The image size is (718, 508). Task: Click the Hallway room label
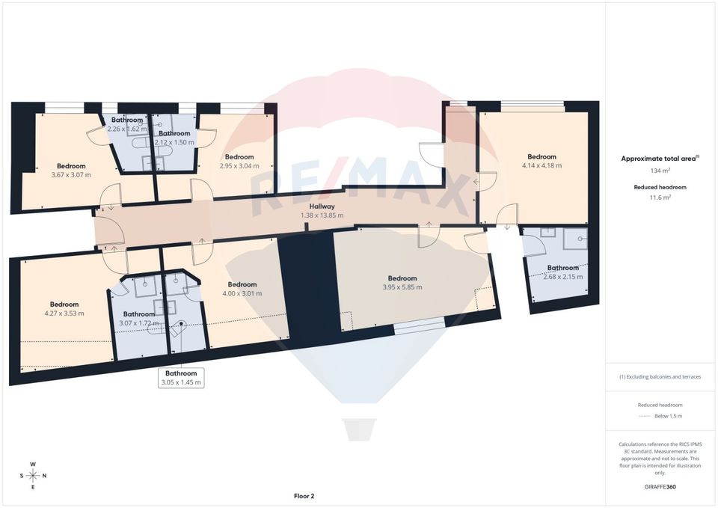click(322, 206)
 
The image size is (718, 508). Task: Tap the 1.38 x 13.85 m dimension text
click(322, 215)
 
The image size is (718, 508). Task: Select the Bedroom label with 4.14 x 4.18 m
click(541, 156)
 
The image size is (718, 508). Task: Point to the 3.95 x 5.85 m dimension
click(402, 287)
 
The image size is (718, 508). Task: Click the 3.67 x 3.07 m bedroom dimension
click(71, 175)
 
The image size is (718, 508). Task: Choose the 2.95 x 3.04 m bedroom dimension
click(239, 166)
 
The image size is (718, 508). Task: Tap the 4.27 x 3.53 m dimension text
click(64, 313)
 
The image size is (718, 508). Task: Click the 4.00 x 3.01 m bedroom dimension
click(242, 293)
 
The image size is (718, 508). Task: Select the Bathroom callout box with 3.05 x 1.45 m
click(181, 377)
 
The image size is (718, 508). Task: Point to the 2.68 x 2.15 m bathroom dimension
click(562, 277)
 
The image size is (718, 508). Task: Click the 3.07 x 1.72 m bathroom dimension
click(138, 323)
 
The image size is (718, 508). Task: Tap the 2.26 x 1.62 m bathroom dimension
click(127, 129)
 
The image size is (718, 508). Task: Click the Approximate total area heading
click(660, 159)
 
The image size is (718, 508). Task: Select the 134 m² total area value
click(660, 171)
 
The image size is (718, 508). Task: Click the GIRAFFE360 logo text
click(660, 487)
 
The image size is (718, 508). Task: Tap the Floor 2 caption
click(304, 495)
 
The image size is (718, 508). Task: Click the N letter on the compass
click(45, 476)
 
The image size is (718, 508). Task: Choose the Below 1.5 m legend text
click(668, 416)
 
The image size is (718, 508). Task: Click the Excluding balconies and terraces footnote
click(660, 377)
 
